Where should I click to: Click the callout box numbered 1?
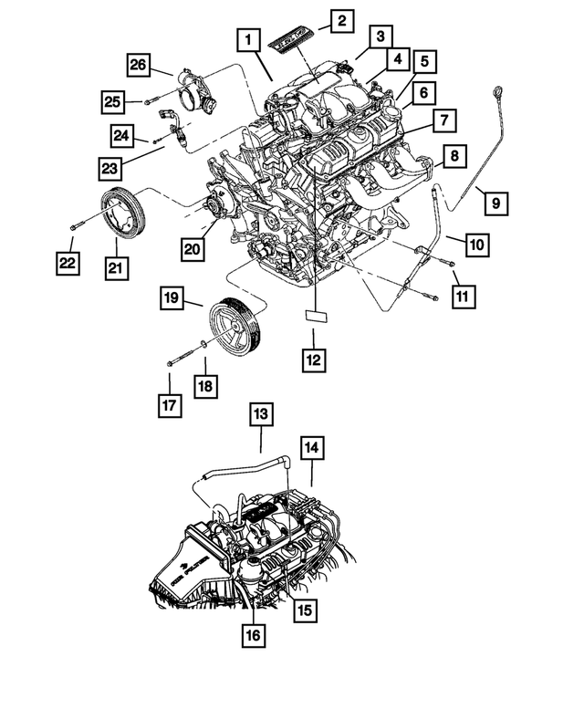pos(246,40)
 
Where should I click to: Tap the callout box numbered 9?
pos(495,203)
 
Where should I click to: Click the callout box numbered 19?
pos(173,297)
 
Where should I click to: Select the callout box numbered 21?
pos(117,267)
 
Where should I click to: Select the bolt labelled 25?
pos(150,100)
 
